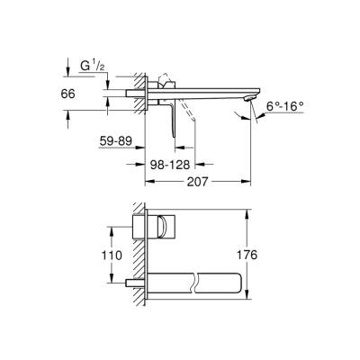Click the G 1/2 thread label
point(92,65)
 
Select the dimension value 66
point(79,94)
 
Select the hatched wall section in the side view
point(136,94)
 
